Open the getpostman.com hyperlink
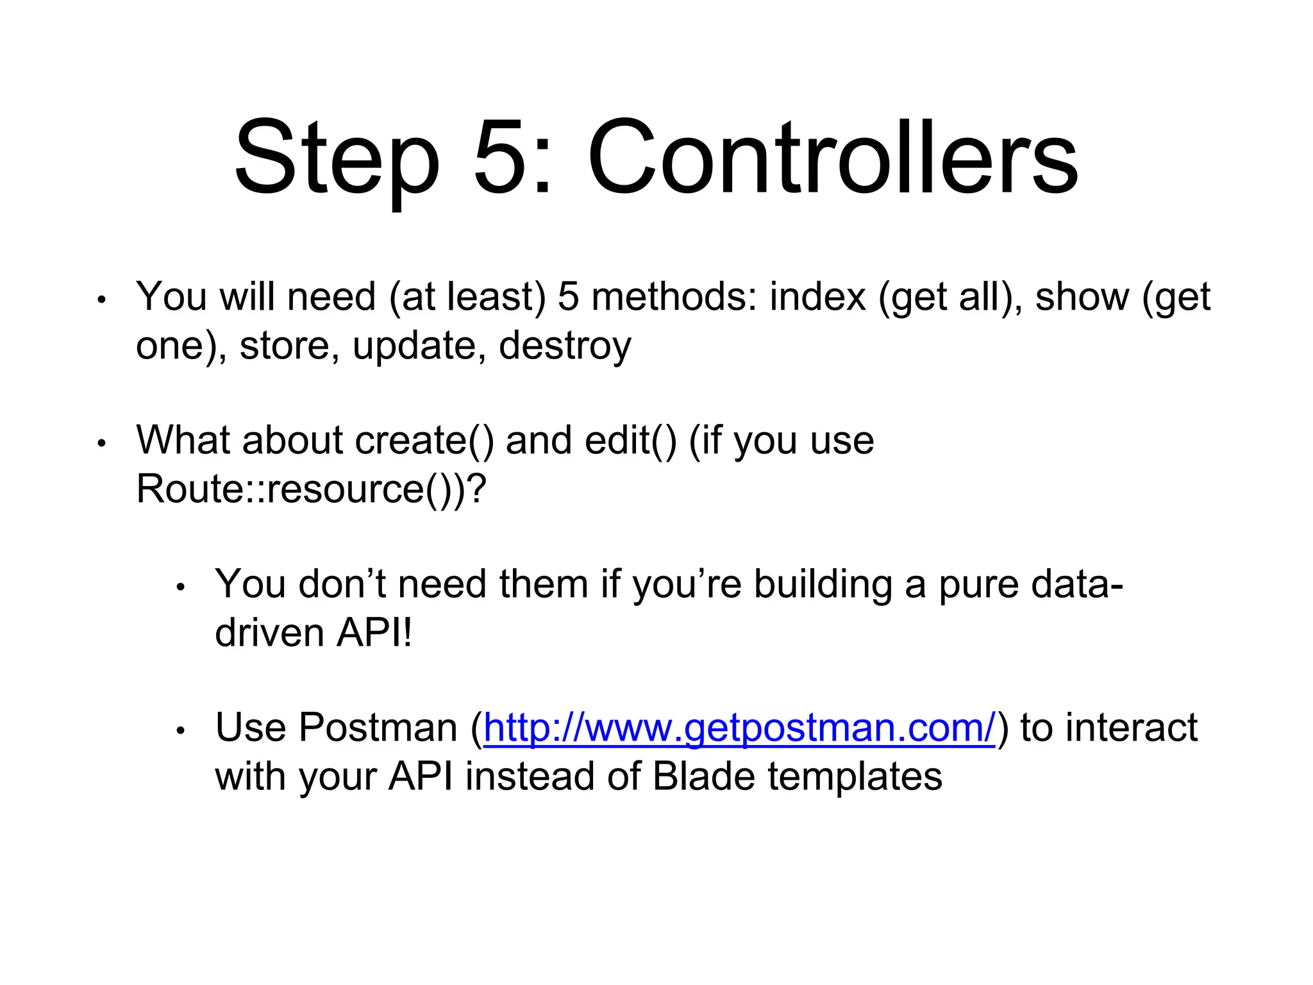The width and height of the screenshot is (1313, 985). tap(739, 728)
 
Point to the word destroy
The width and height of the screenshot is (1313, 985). tap(564, 346)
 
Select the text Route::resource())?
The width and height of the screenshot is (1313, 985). tap(312, 489)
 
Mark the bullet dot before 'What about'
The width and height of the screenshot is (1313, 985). tap(101, 443)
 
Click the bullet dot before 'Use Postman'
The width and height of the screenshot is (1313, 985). tap(181, 730)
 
